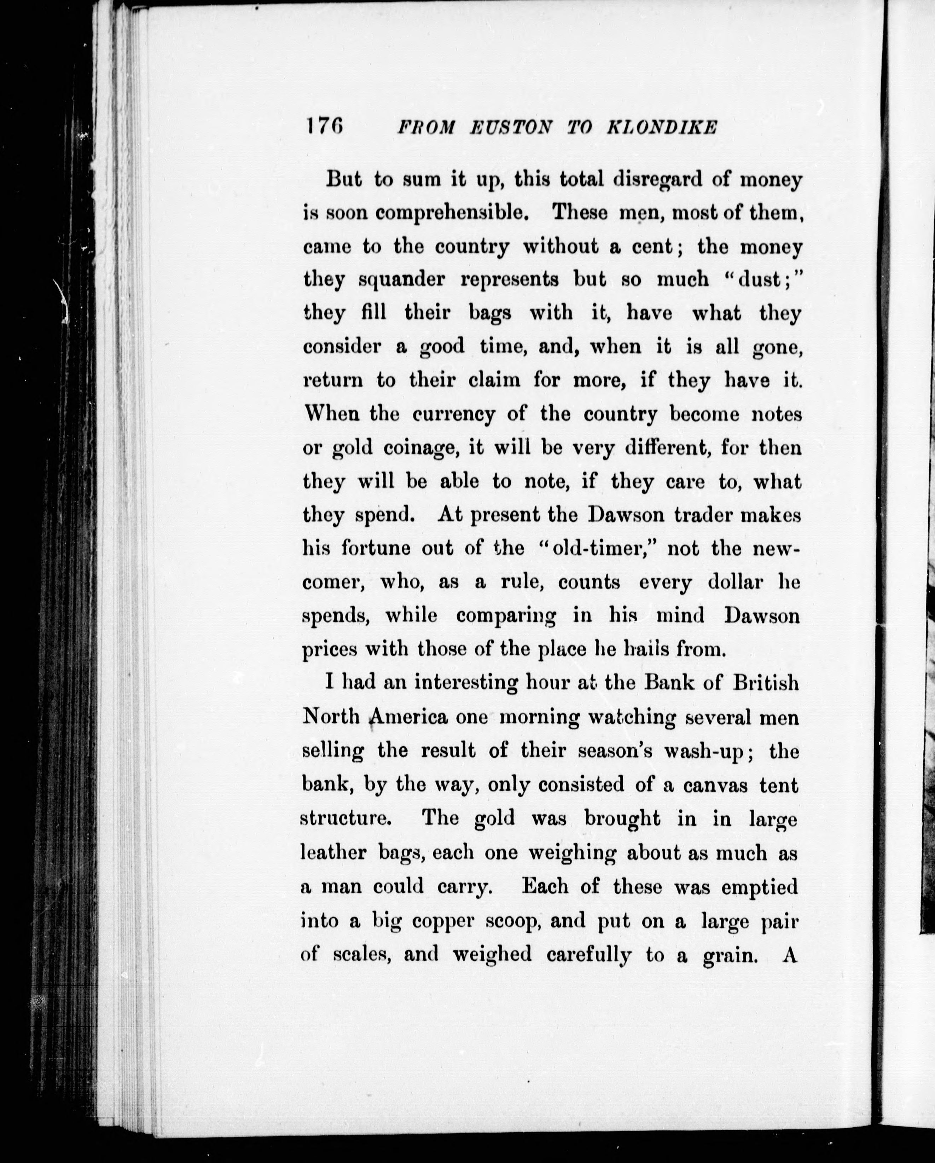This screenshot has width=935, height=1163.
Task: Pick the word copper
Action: pyautogui.click(x=443, y=920)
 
